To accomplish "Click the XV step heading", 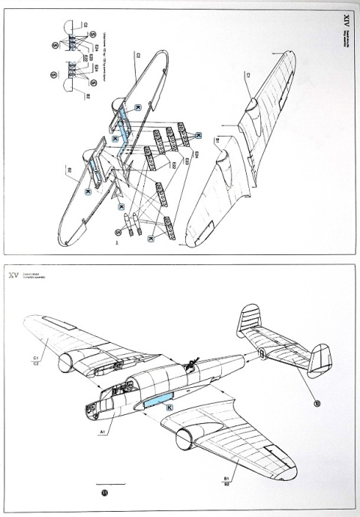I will click(x=13, y=276).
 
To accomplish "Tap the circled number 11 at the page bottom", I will click(x=103, y=493).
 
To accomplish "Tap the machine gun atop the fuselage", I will click(x=191, y=365).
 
